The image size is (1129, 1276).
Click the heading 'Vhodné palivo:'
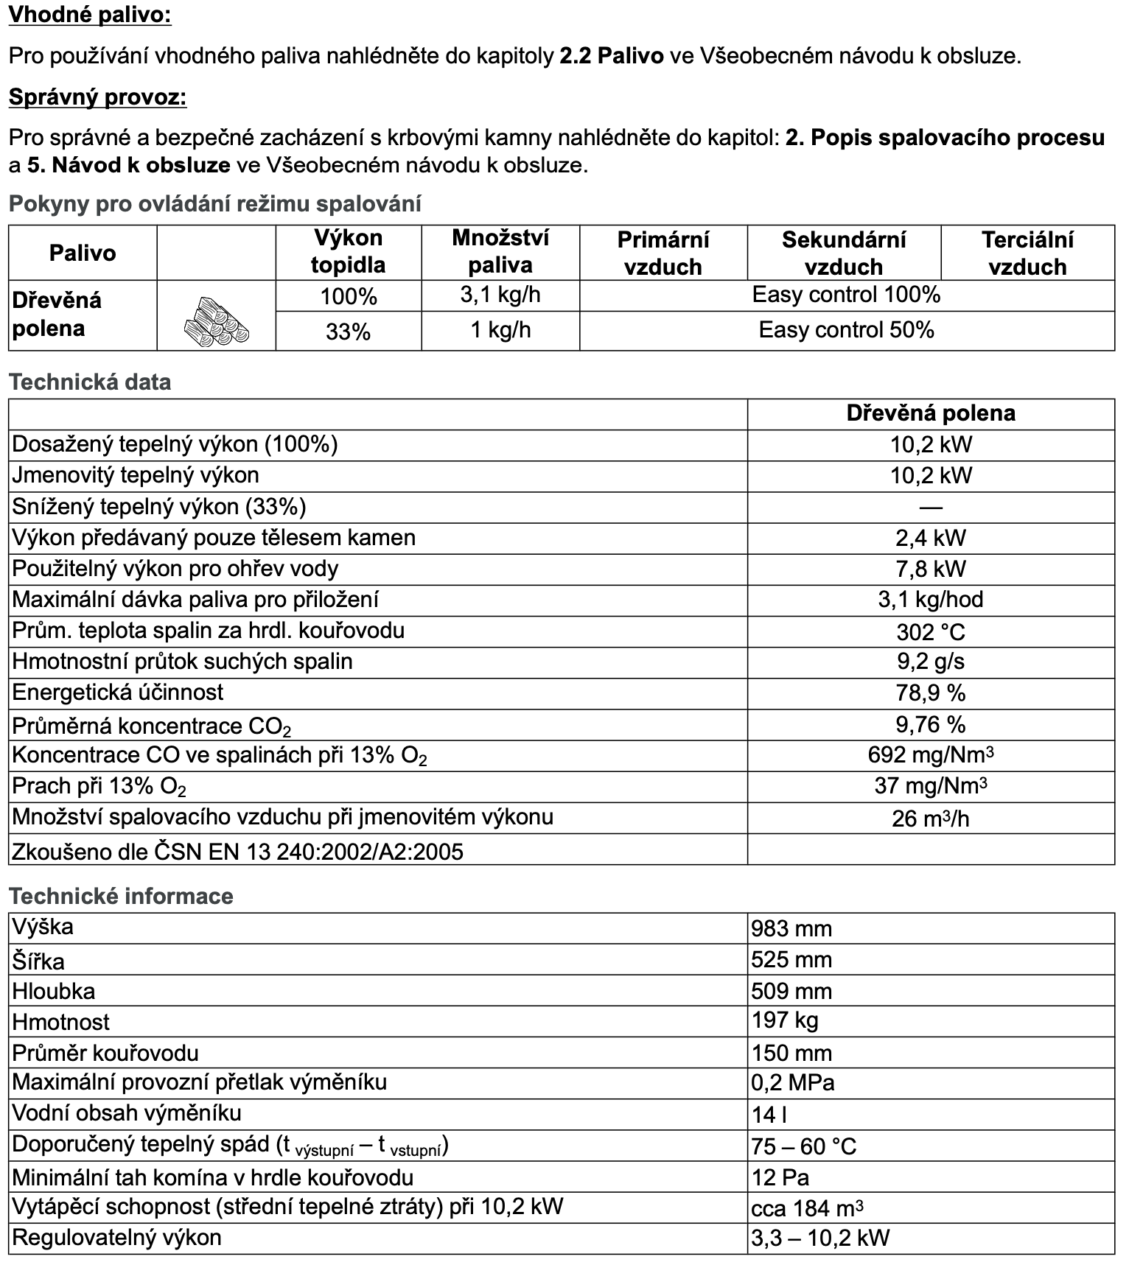pyautogui.click(x=90, y=15)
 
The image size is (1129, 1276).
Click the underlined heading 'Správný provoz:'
pyautogui.click(x=97, y=97)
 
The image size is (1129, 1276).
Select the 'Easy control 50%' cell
pyautogui.click(x=846, y=330)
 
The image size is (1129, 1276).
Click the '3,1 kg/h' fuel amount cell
pyautogui.click(x=500, y=295)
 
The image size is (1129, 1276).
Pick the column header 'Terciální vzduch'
pyautogui.click(x=1027, y=253)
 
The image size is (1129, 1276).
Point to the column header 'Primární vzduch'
pyautogui.click(x=663, y=253)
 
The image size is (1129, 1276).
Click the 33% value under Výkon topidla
pyautogui.click(x=348, y=332)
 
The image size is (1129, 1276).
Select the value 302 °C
pyautogui.click(x=931, y=632)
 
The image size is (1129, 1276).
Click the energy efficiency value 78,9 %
pyautogui.click(x=931, y=693)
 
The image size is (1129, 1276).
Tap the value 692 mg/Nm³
pyautogui.click(x=931, y=755)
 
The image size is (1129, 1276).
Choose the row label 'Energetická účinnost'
pyautogui.click(x=118, y=693)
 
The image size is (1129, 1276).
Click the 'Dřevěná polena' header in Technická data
pyautogui.click(x=931, y=413)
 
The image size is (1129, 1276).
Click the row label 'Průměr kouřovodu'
pyautogui.click(x=105, y=1053)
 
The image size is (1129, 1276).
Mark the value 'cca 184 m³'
pyautogui.click(x=807, y=1208)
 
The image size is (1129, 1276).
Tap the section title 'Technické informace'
pyautogui.click(x=121, y=896)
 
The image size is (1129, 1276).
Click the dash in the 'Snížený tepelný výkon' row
pyautogui.click(x=931, y=507)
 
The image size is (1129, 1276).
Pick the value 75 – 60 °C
pyautogui.click(x=804, y=1146)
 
